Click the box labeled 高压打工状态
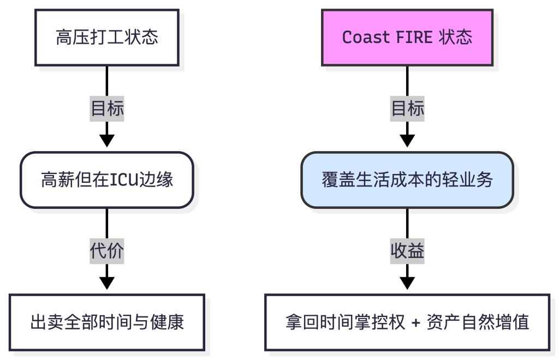pyautogui.click(x=107, y=38)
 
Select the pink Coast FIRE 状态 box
pyautogui.click(x=407, y=38)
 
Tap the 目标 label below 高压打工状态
pyautogui.click(x=107, y=109)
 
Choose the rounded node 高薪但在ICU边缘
pyautogui.click(x=107, y=180)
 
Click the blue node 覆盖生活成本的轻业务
pyautogui.click(x=407, y=180)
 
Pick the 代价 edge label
pyautogui.click(x=107, y=251)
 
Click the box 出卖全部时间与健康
pyautogui.click(x=107, y=322)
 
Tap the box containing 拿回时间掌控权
pyautogui.click(x=407, y=322)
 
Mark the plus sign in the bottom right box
pyautogui.click(x=416, y=322)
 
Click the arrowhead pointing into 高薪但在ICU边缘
pyautogui.click(x=107, y=141)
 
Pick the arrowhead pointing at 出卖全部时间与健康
pyautogui.click(x=107, y=283)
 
